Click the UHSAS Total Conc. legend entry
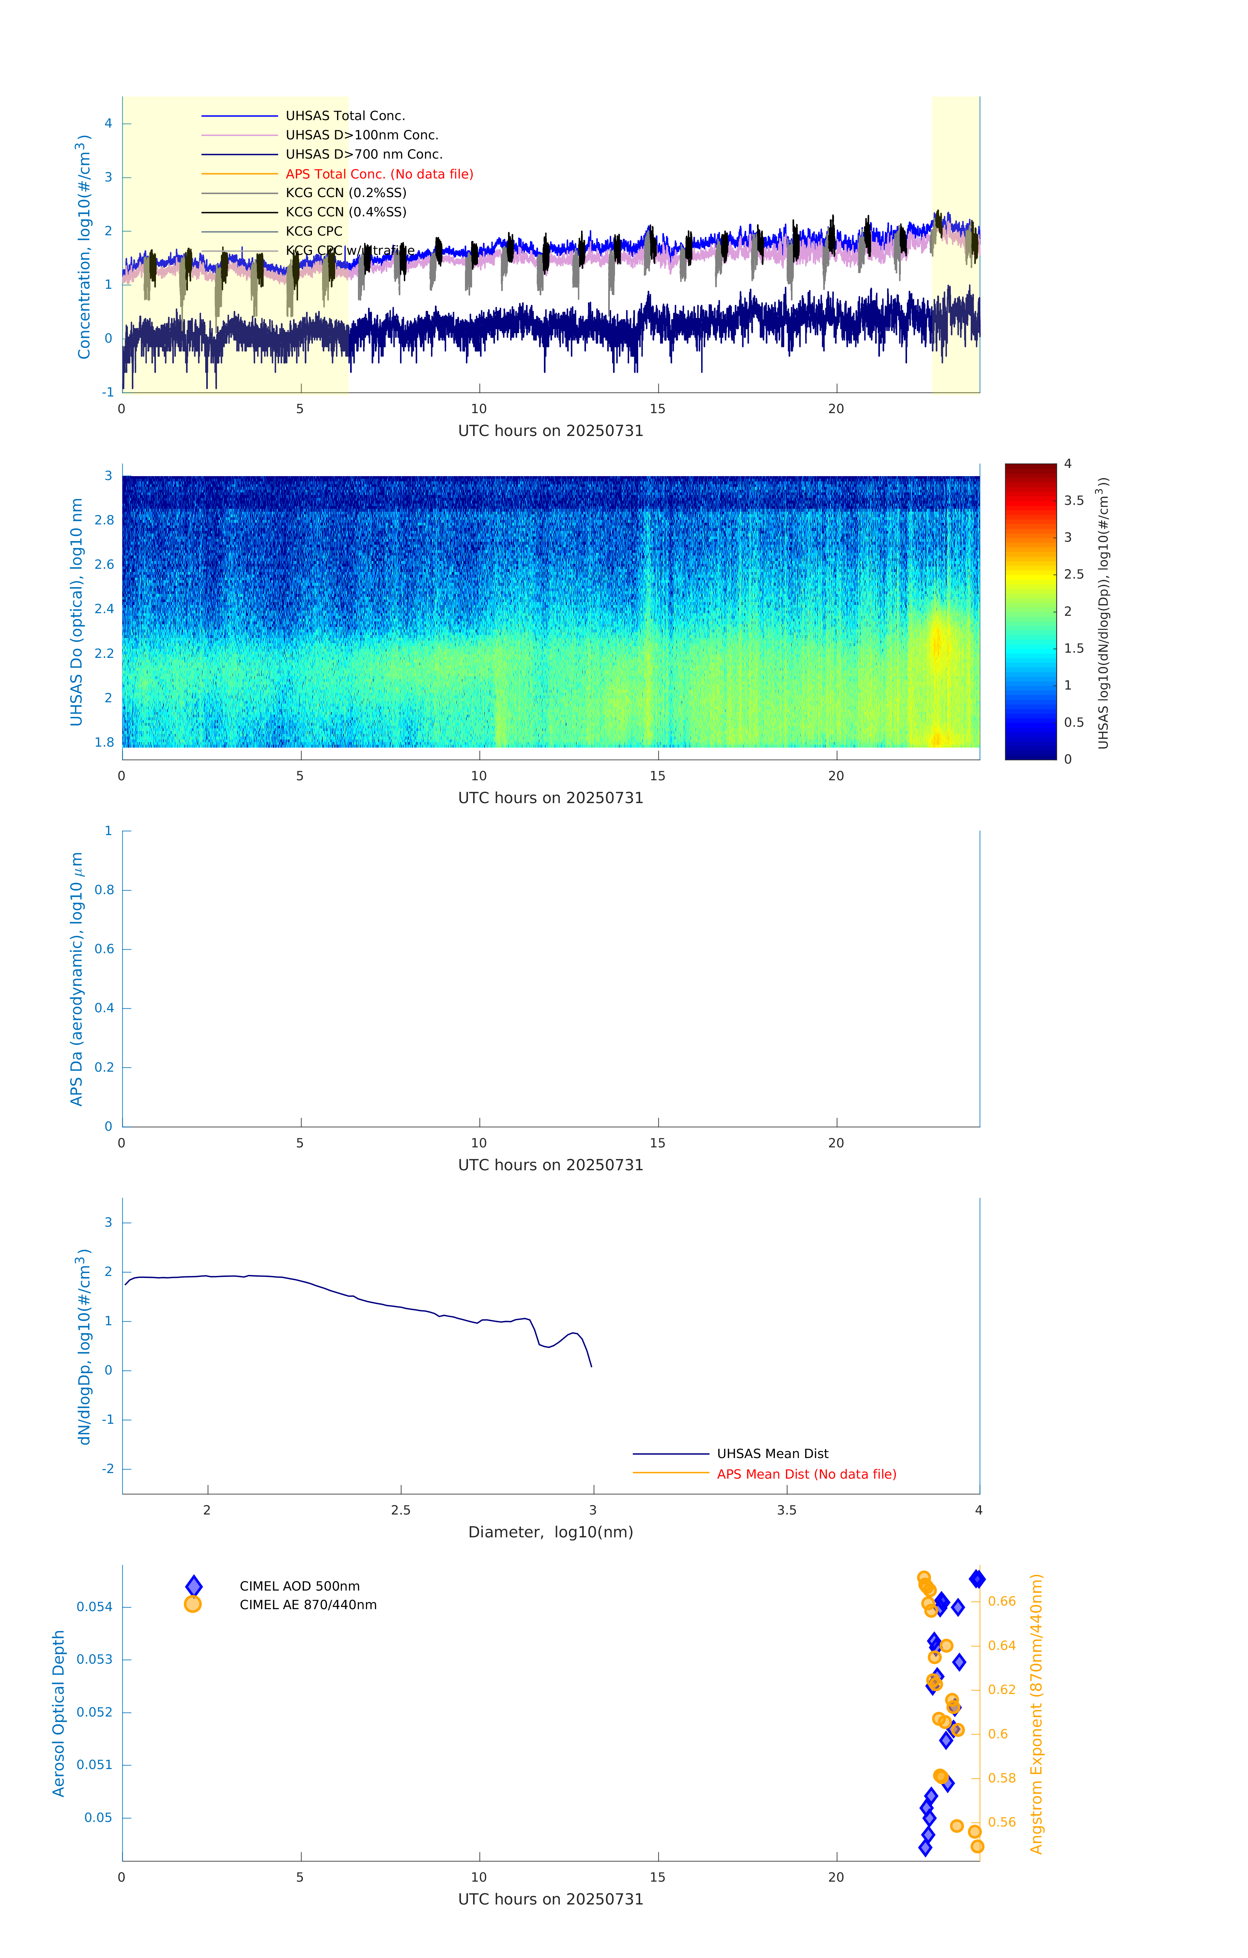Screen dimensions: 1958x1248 pyautogui.click(x=345, y=116)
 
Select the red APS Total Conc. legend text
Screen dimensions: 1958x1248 pyautogui.click(x=379, y=174)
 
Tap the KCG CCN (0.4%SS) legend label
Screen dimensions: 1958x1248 pyautogui.click(x=346, y=212)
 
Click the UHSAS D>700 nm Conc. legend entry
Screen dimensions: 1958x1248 pyautogui.click(x=363, y=154)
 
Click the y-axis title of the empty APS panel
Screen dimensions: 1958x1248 pyautogui.click(x=76, y=979)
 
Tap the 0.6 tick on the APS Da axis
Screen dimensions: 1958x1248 pyautogui.click(x=104, y=949)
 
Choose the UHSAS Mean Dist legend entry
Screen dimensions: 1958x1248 pyautogui.click(x=772, y=1453)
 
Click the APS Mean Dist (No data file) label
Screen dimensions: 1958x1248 pyautogui.click(x=806, y=1474)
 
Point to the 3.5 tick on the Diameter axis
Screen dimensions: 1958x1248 pyautogui.click(x=786, y=1510)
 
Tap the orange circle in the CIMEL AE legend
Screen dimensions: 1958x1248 pyautogui.click(x=193, y=1604)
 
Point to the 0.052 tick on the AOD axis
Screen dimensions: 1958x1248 pyautogui.click(x=94, y=1713)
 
